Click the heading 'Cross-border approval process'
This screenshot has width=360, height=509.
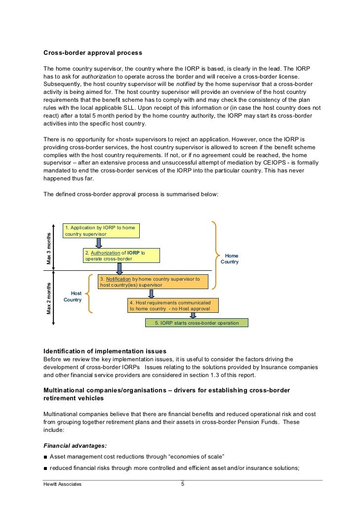[x=93, y=53]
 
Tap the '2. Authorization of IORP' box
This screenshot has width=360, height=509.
[x=121, y=255]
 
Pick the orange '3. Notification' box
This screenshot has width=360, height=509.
[x=153, y=282]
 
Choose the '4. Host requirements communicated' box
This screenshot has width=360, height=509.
[x=173, y=305]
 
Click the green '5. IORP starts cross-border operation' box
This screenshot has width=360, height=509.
[x=197, y=323]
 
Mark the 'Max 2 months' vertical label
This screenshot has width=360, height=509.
[x=49, y=298]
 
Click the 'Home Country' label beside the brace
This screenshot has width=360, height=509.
[x=230, y=259]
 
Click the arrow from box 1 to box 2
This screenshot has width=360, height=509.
[x=99, y=243]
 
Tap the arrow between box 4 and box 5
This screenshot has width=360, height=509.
[x=193, y=315]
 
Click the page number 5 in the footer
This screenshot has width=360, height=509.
[x=182, y=484]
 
